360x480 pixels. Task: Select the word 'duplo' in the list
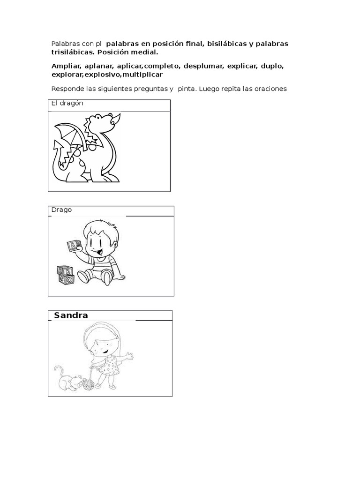(x=272, y=67)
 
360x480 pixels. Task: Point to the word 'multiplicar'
(x=142, y=75)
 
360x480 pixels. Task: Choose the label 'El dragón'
(x=67, y=103)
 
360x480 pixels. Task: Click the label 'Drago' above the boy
(x=61, y=210)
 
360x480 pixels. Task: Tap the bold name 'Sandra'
(x=71, y=315)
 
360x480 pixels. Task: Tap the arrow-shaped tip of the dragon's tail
(x=58, y=146)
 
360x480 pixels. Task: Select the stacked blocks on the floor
(x=66, y=275)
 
